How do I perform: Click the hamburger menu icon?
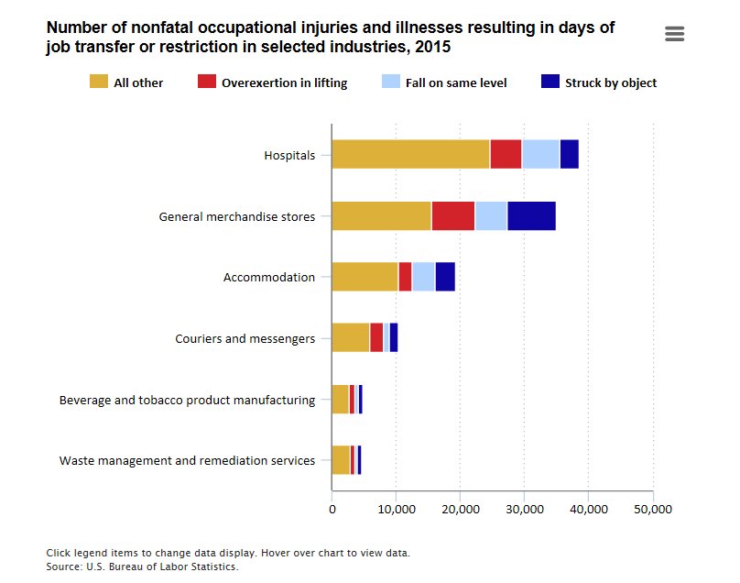coord(675,34)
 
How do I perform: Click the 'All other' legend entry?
coord(127,82)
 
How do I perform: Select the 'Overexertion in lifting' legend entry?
coord(273,82)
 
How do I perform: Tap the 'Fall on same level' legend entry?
coord(444,82)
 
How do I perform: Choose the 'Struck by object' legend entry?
coord(599,82)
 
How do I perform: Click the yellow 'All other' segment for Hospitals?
coord(410,155)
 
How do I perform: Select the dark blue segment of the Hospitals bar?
coord(569,155)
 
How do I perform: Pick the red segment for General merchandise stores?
coord(452,215)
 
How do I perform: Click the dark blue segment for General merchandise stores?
coord(531,215)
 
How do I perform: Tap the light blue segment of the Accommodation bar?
coord(423,277)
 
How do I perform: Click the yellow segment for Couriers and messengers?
coord(350,337)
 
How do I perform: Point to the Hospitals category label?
coord(289,156)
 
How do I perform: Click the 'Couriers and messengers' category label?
coord(245,338)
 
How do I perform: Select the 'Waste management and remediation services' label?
coord(187,460)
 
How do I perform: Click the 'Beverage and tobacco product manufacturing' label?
coord(187,400)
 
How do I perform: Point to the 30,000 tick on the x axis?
coord(524,509)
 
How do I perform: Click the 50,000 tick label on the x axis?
coord(652,509)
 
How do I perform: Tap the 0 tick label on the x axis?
coord(332,509)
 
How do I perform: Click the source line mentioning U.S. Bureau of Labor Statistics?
coord(142,566)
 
